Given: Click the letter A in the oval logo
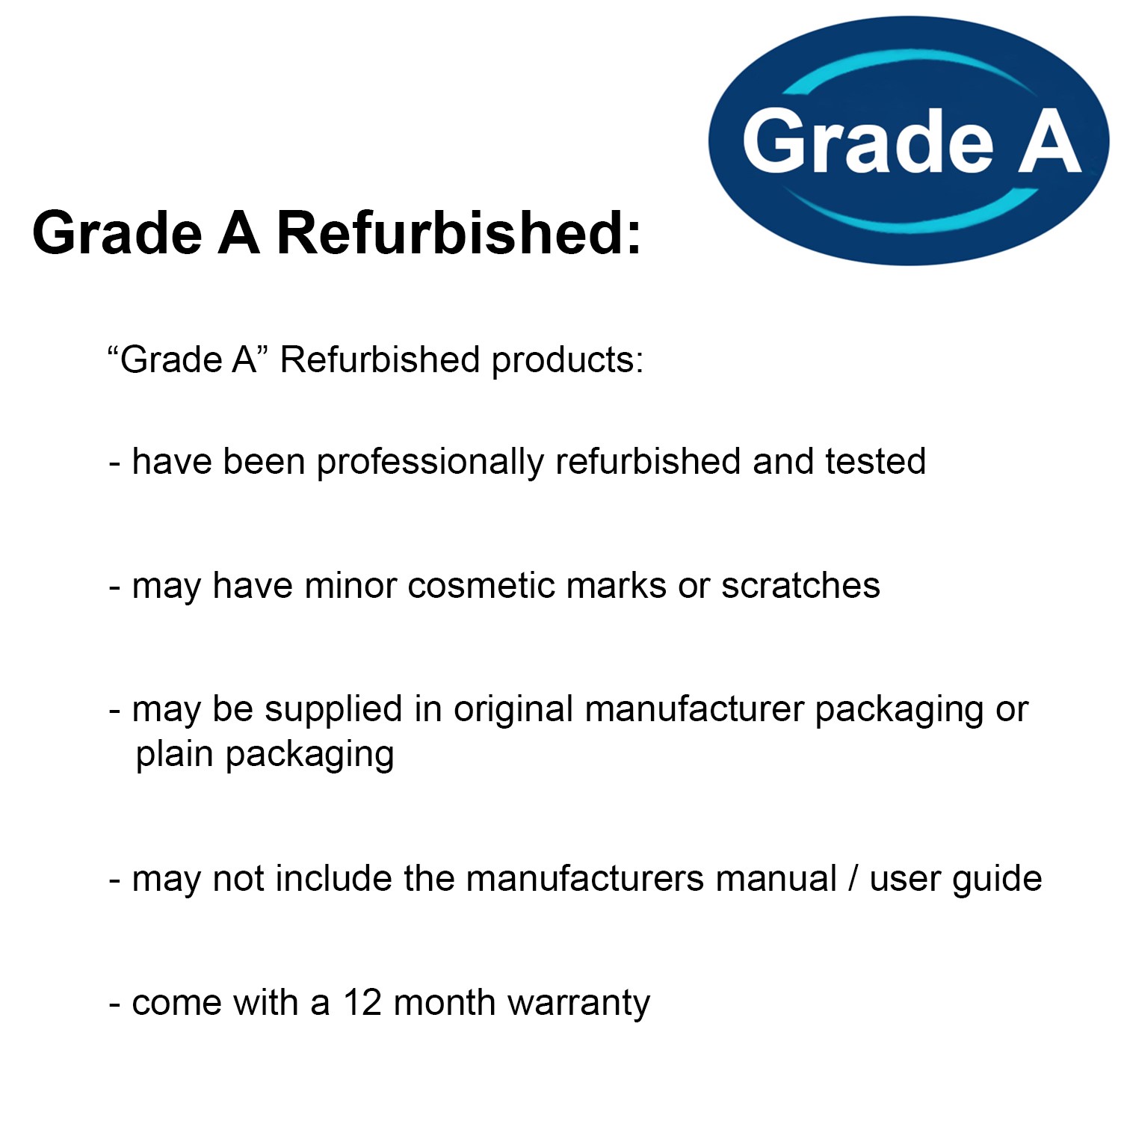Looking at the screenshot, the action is (1050, 140).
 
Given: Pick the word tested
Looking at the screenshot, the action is (876, 462).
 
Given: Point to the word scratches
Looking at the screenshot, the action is (800, 586).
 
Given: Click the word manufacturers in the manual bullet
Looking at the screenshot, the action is (585, 880).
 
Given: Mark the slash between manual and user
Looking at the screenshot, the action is (853, 880).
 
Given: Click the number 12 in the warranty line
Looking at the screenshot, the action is (362, 1003).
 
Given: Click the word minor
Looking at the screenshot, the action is (350, 586).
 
